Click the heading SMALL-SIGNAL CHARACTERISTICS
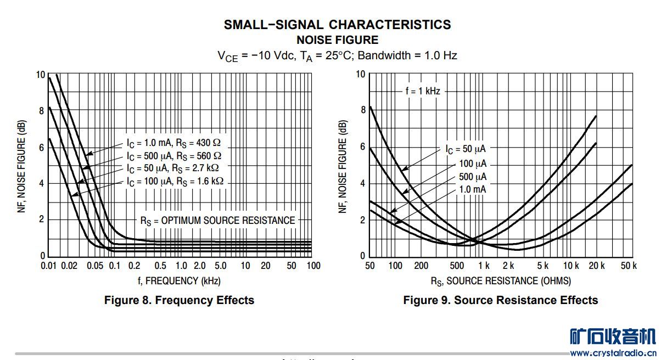click(x=337, y=25)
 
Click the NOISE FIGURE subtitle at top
click(x=337, y=40)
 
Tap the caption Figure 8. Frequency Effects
click(x=179, y=300)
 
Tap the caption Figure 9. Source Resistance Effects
click(x=500, y=300)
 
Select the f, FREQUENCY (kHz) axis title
click(x=180, y=281)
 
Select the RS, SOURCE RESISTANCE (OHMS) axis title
click(x=500, y=281)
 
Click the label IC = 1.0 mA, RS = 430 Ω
click(x=174, y=143)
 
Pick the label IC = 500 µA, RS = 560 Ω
click(x=174, y=155)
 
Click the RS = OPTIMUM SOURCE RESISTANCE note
click(x=217, y=221)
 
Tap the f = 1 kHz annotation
click(x=423, y=92)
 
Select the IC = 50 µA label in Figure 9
click(x=465, y=149)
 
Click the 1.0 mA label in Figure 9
click(x=472, y=189)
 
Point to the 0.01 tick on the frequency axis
click(x=49, y=266)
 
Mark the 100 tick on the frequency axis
click(x=313, y=266)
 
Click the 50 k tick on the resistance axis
click(x=628, y=266)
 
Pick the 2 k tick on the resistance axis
click(x=508, y=266)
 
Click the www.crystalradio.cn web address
click(x=613, y=353)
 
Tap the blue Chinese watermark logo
click(x=613, y=336)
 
